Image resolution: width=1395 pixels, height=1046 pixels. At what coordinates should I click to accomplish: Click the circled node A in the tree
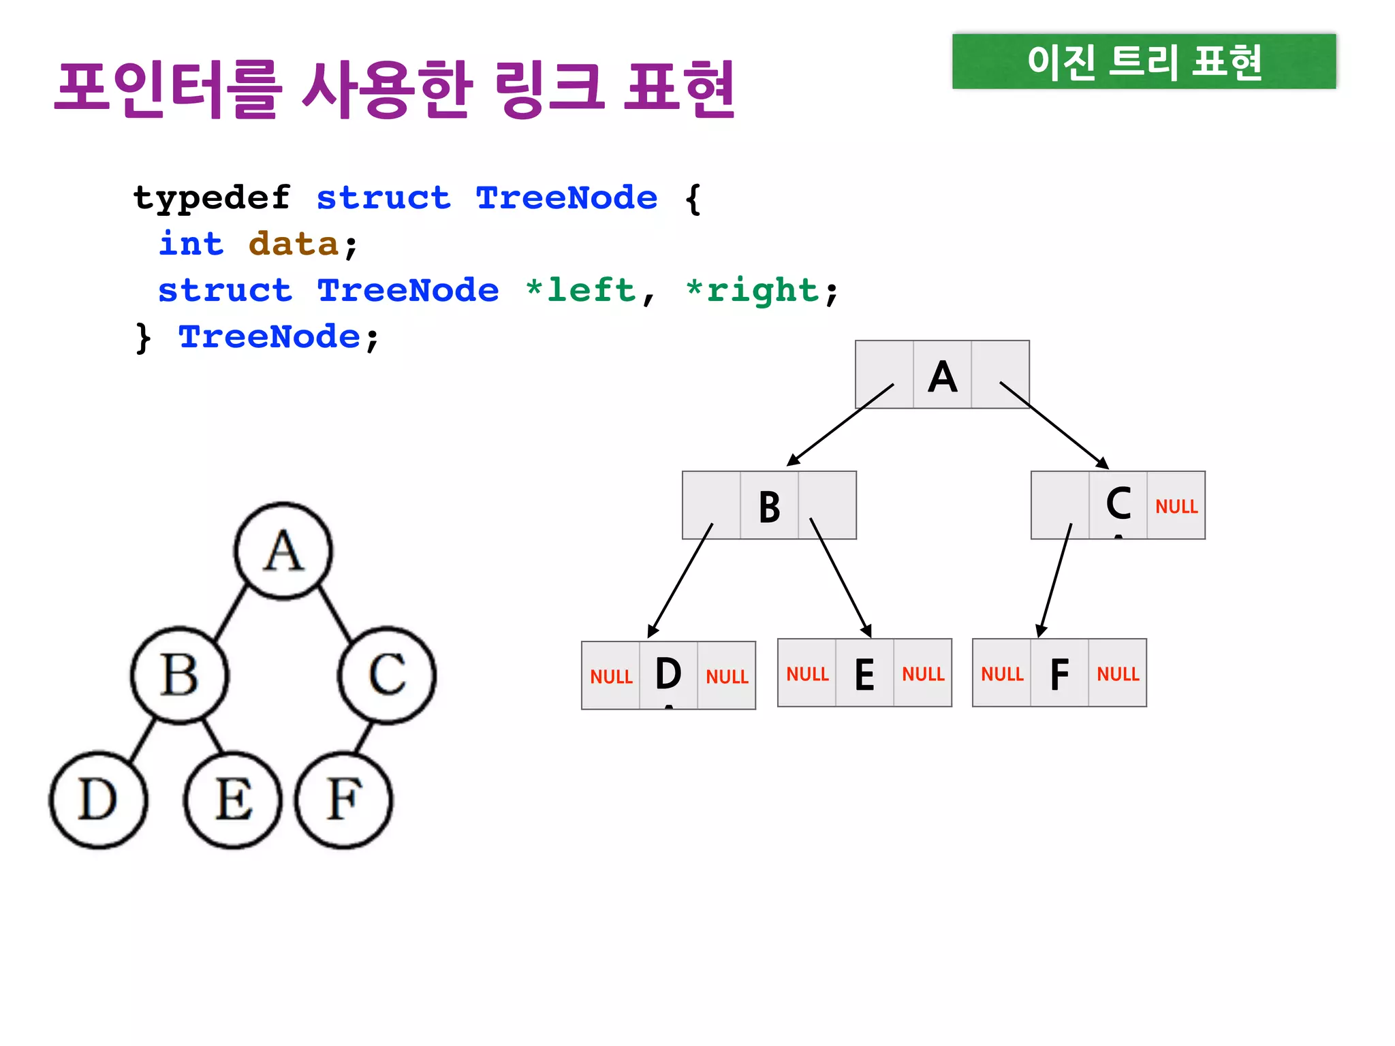[x=283, y=551]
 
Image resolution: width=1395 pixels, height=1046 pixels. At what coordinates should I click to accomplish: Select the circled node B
[x=180, y=675]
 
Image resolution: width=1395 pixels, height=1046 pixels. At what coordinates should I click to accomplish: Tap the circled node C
[x=387, y=675]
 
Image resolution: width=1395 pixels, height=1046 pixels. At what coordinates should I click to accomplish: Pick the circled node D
[x=98, y=799]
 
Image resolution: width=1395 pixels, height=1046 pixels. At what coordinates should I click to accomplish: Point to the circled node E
[x=233, y=799]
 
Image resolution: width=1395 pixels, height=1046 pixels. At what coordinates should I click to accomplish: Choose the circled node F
[x=343, y=799]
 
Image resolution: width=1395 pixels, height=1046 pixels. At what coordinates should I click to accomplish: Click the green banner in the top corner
[x=1144, y=61]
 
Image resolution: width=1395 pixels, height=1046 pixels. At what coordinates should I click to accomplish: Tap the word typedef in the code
[x=212, y=198]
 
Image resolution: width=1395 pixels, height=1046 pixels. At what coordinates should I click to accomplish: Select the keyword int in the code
[x=191, y=244]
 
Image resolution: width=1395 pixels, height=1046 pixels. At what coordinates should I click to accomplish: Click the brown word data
[x=294, y=244]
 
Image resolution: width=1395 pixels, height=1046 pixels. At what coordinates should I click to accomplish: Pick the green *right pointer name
[x=752, y=290]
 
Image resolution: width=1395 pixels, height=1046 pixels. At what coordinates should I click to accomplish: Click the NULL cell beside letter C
[x=1176, y=507]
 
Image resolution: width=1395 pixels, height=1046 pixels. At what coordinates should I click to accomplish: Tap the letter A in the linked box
[x=943, y=376]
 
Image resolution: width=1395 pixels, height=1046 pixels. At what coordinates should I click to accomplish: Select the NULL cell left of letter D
[x=611, y=677]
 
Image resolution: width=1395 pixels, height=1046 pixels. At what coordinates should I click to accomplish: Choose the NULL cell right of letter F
[x=1118, y=674]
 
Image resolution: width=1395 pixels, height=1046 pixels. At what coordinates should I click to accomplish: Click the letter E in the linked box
[x=864, y=674]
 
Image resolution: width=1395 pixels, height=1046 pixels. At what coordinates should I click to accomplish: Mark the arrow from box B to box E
[x=841, y=577]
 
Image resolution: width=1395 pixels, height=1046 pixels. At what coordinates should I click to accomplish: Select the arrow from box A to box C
[x=1054, y=425]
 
